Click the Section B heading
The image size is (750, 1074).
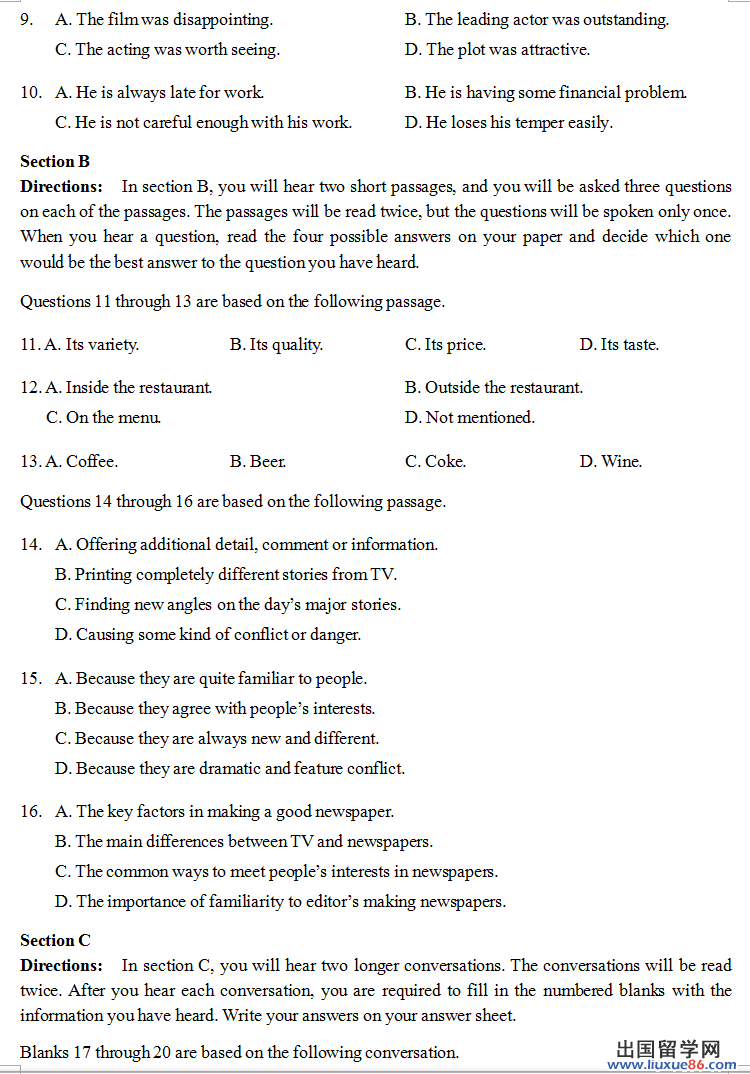click(x=55, y=161)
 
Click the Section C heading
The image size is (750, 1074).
click(x=55, y=940)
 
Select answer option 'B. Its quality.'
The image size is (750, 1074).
click(x=276, y=345)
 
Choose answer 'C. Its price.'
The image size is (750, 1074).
click(x=445, y=345)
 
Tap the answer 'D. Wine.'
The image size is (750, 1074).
click(x=610, y=462)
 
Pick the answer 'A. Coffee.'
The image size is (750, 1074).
click(x=81, y=462)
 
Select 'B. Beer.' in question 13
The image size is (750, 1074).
click(x=258, y=462)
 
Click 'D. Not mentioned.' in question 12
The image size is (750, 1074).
click(x=469, y=418)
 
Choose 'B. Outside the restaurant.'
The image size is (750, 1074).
click(x=494, y=388)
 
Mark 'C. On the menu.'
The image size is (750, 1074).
click(x=104, y=418)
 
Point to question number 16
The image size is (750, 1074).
click(x=30, y=812)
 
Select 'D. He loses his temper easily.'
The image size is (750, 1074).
click(x=508, y=123)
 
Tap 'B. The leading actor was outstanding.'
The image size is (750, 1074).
click(x=537, y=19)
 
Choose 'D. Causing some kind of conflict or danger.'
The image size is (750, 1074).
click(x=208, y=635)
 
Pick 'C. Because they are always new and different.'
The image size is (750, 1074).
click(x=217, y=739)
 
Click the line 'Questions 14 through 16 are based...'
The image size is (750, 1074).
click(x=233, y=502)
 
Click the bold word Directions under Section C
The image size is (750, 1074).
click(x=61, y=966)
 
